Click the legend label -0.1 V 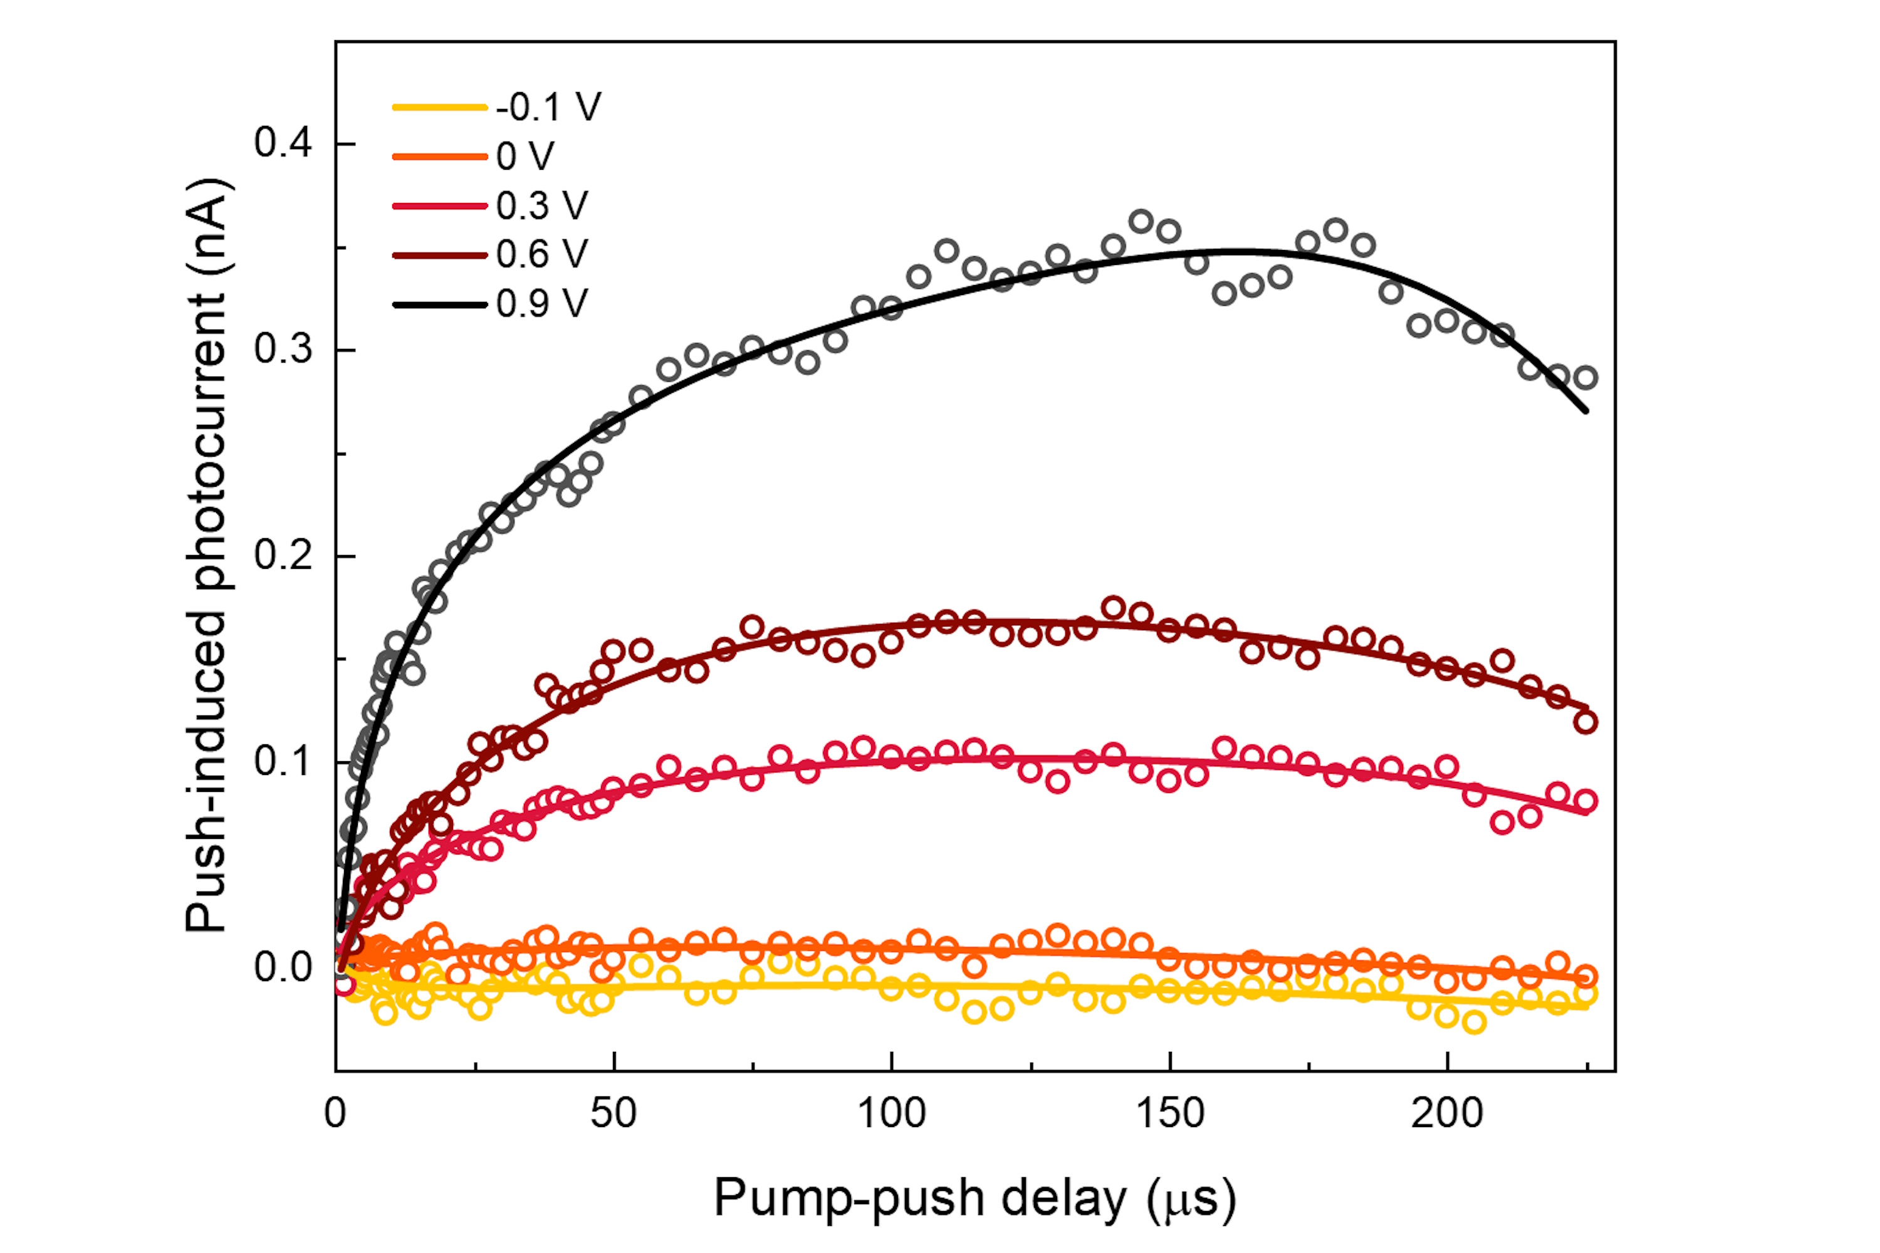(x=548, y=107)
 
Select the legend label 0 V (x=525, y=157)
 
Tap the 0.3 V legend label (x=542, y=206)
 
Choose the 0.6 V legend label (x=542, y=255)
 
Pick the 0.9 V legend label (x=542, y=304)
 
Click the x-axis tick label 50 (x=613, y=1113)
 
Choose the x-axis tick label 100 (x=891, y=1113)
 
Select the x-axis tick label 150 (x=1169, y=1113)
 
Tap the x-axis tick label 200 (x=1447, y=1113)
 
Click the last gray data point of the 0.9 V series (x=1586, y=377)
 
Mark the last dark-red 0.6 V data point (x=1586, y=722)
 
